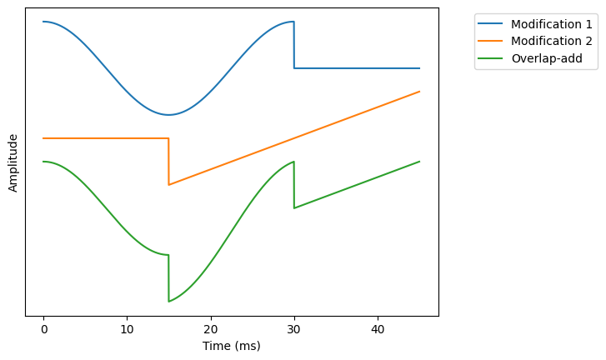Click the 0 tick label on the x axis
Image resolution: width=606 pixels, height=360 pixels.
tap(43, 329)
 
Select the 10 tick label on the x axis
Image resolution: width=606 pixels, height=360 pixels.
tap(127, 329)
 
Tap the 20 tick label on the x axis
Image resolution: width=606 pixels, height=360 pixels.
tap(211, 329)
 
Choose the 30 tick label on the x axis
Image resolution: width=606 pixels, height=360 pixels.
tap(294, 329)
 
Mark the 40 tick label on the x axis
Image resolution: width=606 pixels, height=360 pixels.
tap(378, 329)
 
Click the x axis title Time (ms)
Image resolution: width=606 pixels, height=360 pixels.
tap(231, 346)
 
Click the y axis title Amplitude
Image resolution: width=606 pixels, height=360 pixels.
tap(13, 162)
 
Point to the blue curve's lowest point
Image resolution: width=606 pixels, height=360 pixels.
tap(168, 115)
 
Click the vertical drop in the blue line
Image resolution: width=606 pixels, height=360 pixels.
tap(294, 45)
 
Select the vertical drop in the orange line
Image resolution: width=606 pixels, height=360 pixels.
tap(168, 162)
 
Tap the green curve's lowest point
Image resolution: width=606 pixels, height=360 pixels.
tap(168, 301)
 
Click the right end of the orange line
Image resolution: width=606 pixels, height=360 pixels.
tap(419, 92)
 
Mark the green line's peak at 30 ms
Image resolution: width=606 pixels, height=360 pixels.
tap(293, 162)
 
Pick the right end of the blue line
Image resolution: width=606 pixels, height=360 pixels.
tap(419, 68)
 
